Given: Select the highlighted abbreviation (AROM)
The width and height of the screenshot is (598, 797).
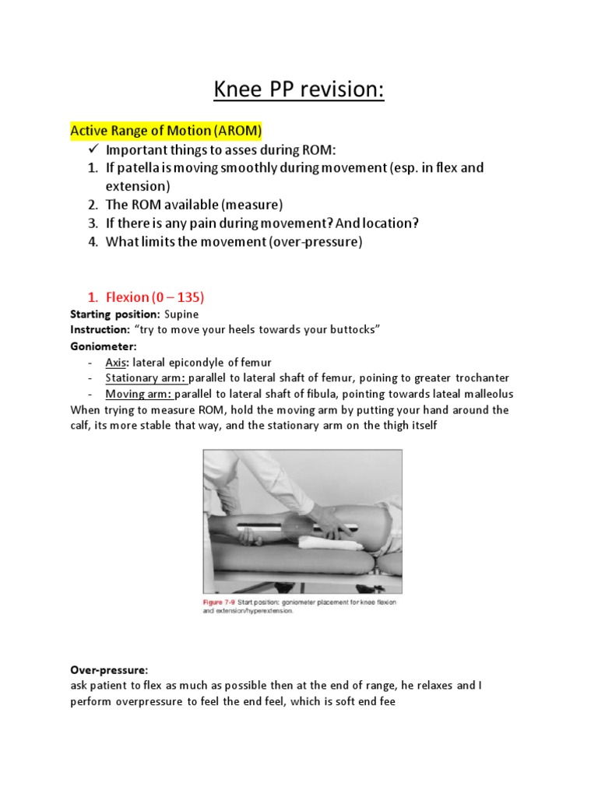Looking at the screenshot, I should (x=234, y=130).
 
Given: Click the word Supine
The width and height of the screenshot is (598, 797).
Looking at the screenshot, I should (x=181, y=314).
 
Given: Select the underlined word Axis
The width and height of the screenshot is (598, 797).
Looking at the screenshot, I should (x=116, y=362).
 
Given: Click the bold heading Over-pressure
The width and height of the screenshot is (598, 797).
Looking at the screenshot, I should (x=109, y=669).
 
